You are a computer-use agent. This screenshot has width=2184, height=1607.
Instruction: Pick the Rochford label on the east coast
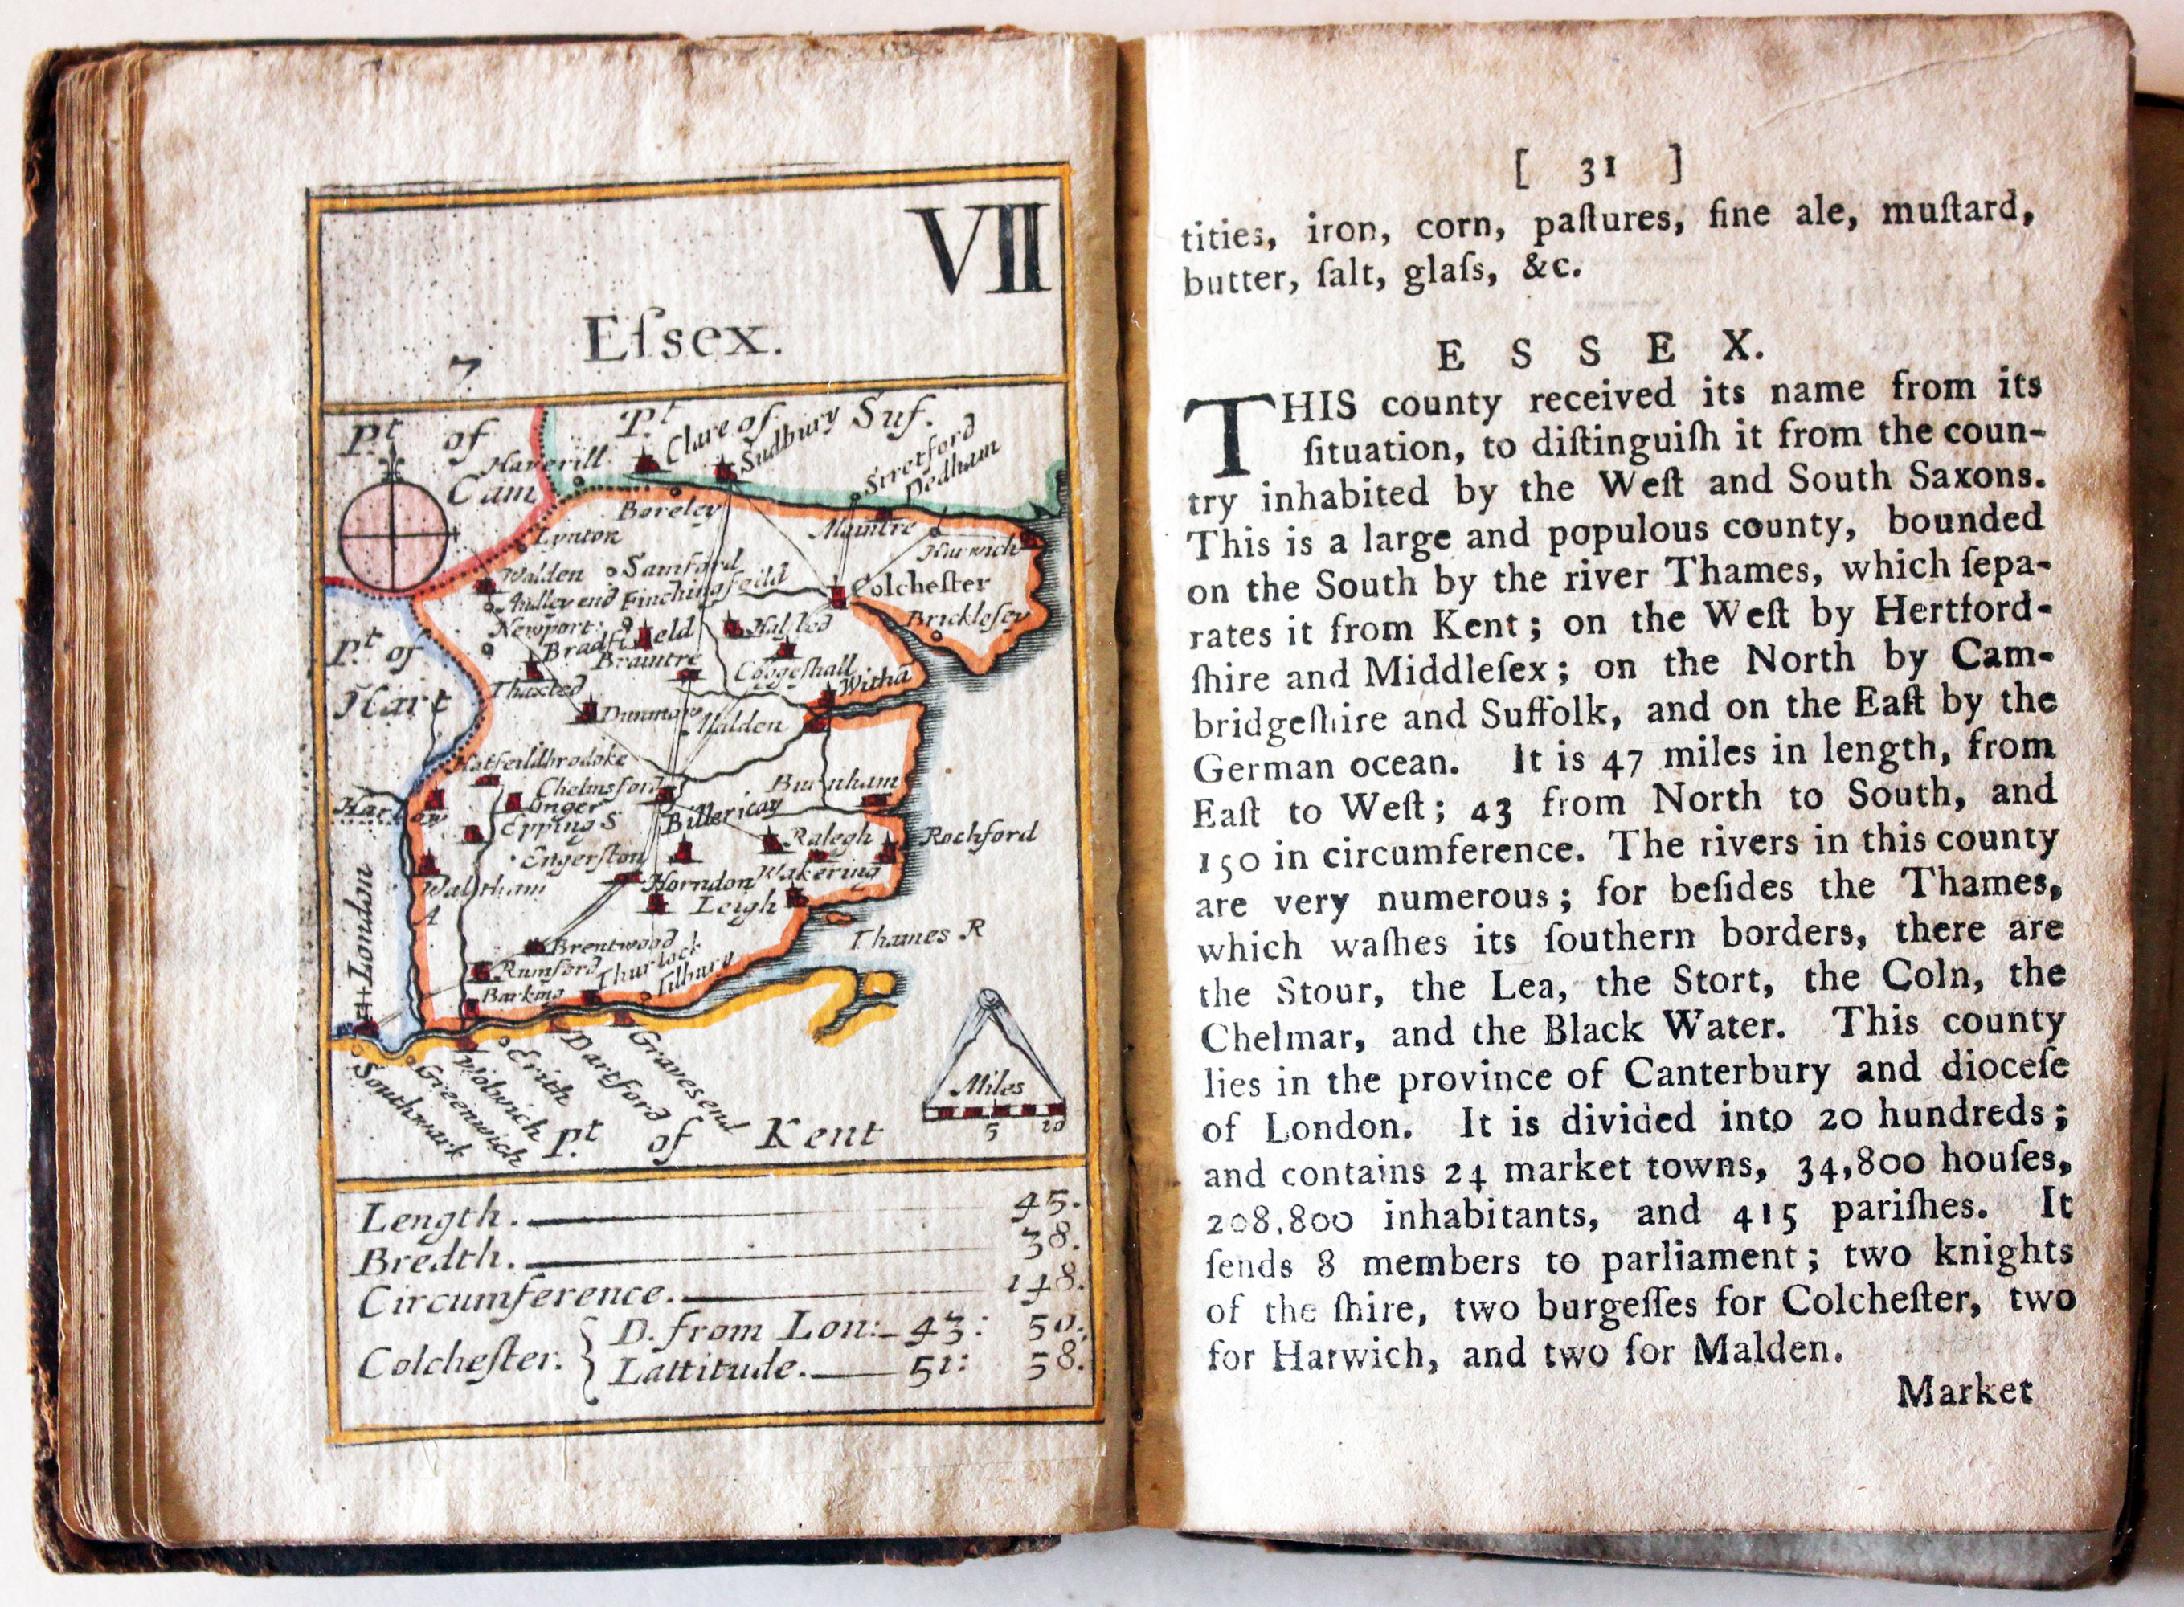click(978, 835)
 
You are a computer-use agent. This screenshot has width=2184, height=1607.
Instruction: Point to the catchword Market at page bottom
click(1964, 1390)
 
